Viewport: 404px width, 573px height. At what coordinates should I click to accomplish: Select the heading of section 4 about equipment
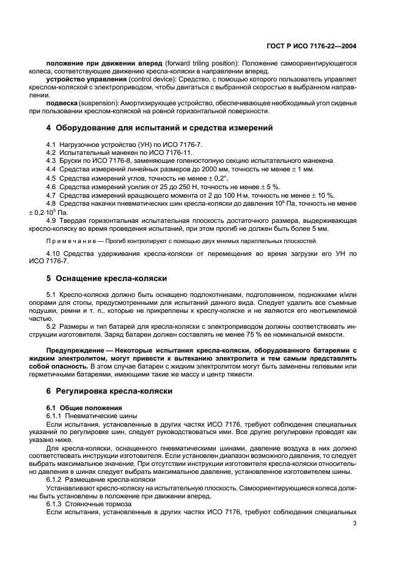(x=160, y=128)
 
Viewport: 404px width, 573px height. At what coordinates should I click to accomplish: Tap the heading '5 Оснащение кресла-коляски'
(x=107, y=278)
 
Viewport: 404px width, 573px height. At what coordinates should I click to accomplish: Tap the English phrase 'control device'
(x=150, y=79)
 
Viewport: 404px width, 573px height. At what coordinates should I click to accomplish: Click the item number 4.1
(x=51, y=144)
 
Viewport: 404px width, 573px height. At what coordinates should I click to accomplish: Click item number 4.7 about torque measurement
(x=51, y=195)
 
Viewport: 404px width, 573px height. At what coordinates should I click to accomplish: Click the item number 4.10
(x=53, y=253)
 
